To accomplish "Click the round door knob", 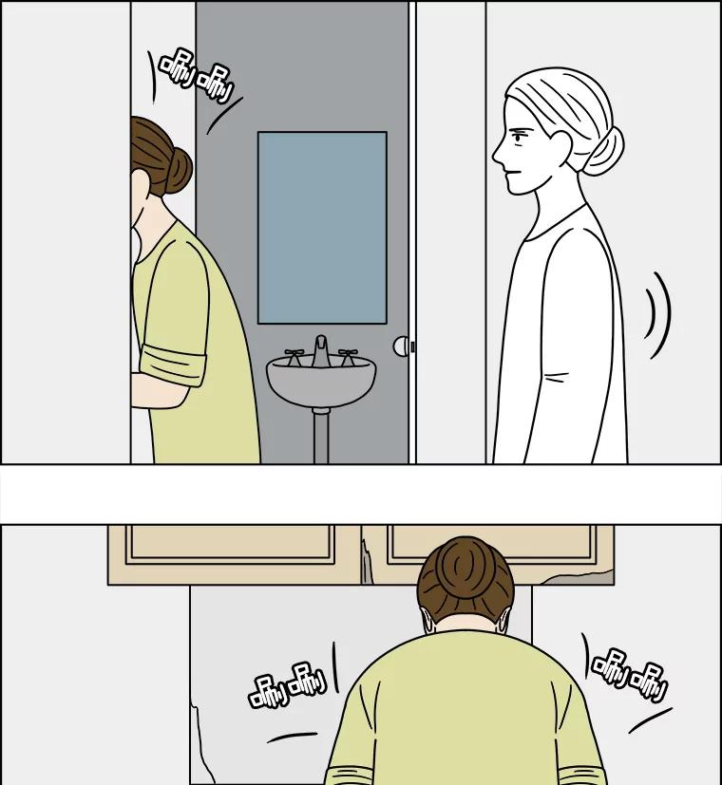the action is (x=401, y=346).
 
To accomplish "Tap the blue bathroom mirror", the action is (x=322, y=228).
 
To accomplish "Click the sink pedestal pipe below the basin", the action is (x=321, y=435).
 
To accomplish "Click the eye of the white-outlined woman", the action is (x=519, y=134).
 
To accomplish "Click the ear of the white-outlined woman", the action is (x=560, y=146).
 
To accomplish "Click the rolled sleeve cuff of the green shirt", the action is (x=173, y=364).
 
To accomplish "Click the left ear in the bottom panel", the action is (x=427, y=621).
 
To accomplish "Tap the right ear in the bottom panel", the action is (x=503, y=621).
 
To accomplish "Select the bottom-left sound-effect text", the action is (x=287, y=685).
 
